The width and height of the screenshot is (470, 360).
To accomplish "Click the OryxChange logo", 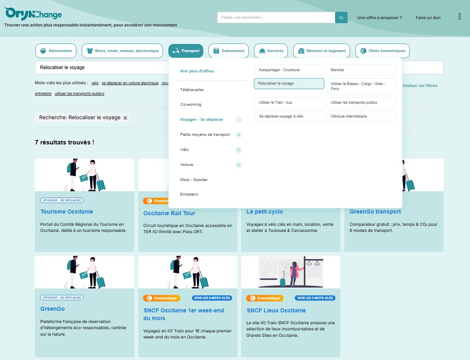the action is pos(33,14).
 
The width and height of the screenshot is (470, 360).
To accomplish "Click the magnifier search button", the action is pos(341,17).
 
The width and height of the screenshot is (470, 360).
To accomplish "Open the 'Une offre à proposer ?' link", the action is pos(379,18).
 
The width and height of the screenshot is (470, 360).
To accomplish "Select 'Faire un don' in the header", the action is pos(428,18).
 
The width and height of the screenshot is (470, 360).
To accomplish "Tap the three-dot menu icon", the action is pos(459,16).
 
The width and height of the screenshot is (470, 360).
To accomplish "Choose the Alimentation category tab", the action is pos(56,51).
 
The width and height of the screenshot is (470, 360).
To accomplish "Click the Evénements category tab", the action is pos(229,51).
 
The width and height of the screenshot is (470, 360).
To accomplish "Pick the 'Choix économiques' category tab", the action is pos(383,51).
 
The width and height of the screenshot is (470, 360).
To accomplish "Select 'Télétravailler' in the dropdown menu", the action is pos(192,90).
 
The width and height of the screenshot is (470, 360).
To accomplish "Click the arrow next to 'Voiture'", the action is pos(239,165).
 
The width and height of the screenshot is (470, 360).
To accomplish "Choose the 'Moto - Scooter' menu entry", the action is pos(194,180).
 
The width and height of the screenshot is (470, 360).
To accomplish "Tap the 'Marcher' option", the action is pos(361,70).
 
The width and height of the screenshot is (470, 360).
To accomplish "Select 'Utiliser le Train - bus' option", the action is pos(289,103).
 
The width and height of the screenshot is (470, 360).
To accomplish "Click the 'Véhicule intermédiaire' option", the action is pos(361,116).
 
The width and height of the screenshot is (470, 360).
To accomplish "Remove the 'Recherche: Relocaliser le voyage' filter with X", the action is pos(125,118).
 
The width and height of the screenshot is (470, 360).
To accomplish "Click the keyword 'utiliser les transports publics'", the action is pos(79,94).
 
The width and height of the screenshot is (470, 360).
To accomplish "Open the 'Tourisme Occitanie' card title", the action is pos(67,212).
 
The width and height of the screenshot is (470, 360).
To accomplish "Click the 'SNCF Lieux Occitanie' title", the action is pos(276,310).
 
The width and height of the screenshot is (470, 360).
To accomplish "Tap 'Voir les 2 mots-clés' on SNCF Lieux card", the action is pos(315,298).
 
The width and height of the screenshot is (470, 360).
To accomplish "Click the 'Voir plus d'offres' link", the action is pos(197,71).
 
